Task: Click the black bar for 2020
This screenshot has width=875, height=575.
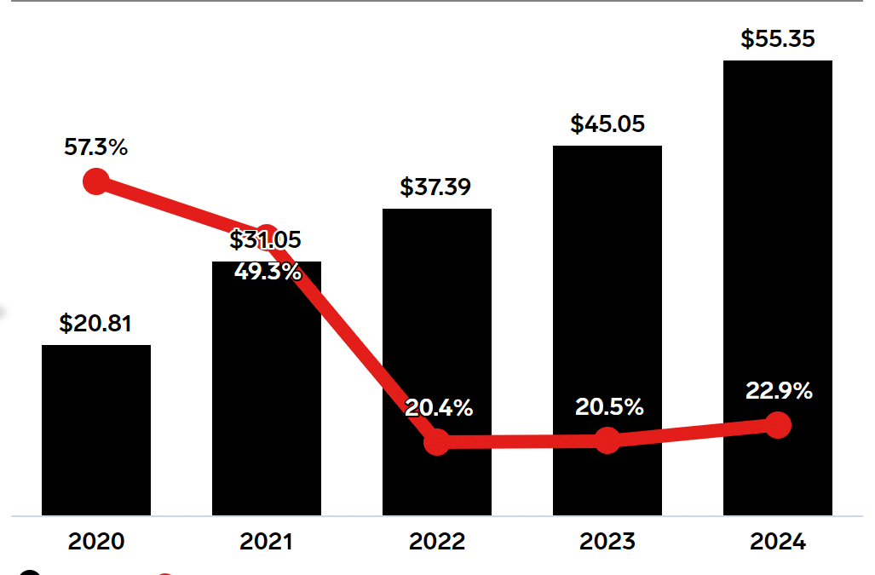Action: pos(96,429)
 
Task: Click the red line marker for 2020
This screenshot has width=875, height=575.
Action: pos(96,181)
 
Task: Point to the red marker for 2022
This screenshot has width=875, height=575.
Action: pos(437,442)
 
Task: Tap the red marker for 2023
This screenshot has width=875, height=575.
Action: pos(607,440)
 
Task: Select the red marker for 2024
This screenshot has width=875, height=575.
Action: pos(777,424)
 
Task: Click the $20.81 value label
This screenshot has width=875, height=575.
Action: pos(95,324)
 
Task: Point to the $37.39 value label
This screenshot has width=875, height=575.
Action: pos(435,187)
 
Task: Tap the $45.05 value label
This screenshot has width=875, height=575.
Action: pos(607,124)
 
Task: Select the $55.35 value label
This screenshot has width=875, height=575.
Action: pos(777,39)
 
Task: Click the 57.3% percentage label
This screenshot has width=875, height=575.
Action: pos(95,147)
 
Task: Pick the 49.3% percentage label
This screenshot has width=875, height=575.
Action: pos(267,272)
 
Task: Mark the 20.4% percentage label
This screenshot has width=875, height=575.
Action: pos(439,408)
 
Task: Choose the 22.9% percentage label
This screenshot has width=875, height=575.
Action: pos(779,391)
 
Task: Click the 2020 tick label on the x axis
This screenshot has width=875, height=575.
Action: pos(96,542)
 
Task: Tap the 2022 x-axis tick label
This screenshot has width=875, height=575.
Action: pos(437,542)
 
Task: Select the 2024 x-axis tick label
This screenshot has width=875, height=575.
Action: pos(778,542)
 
